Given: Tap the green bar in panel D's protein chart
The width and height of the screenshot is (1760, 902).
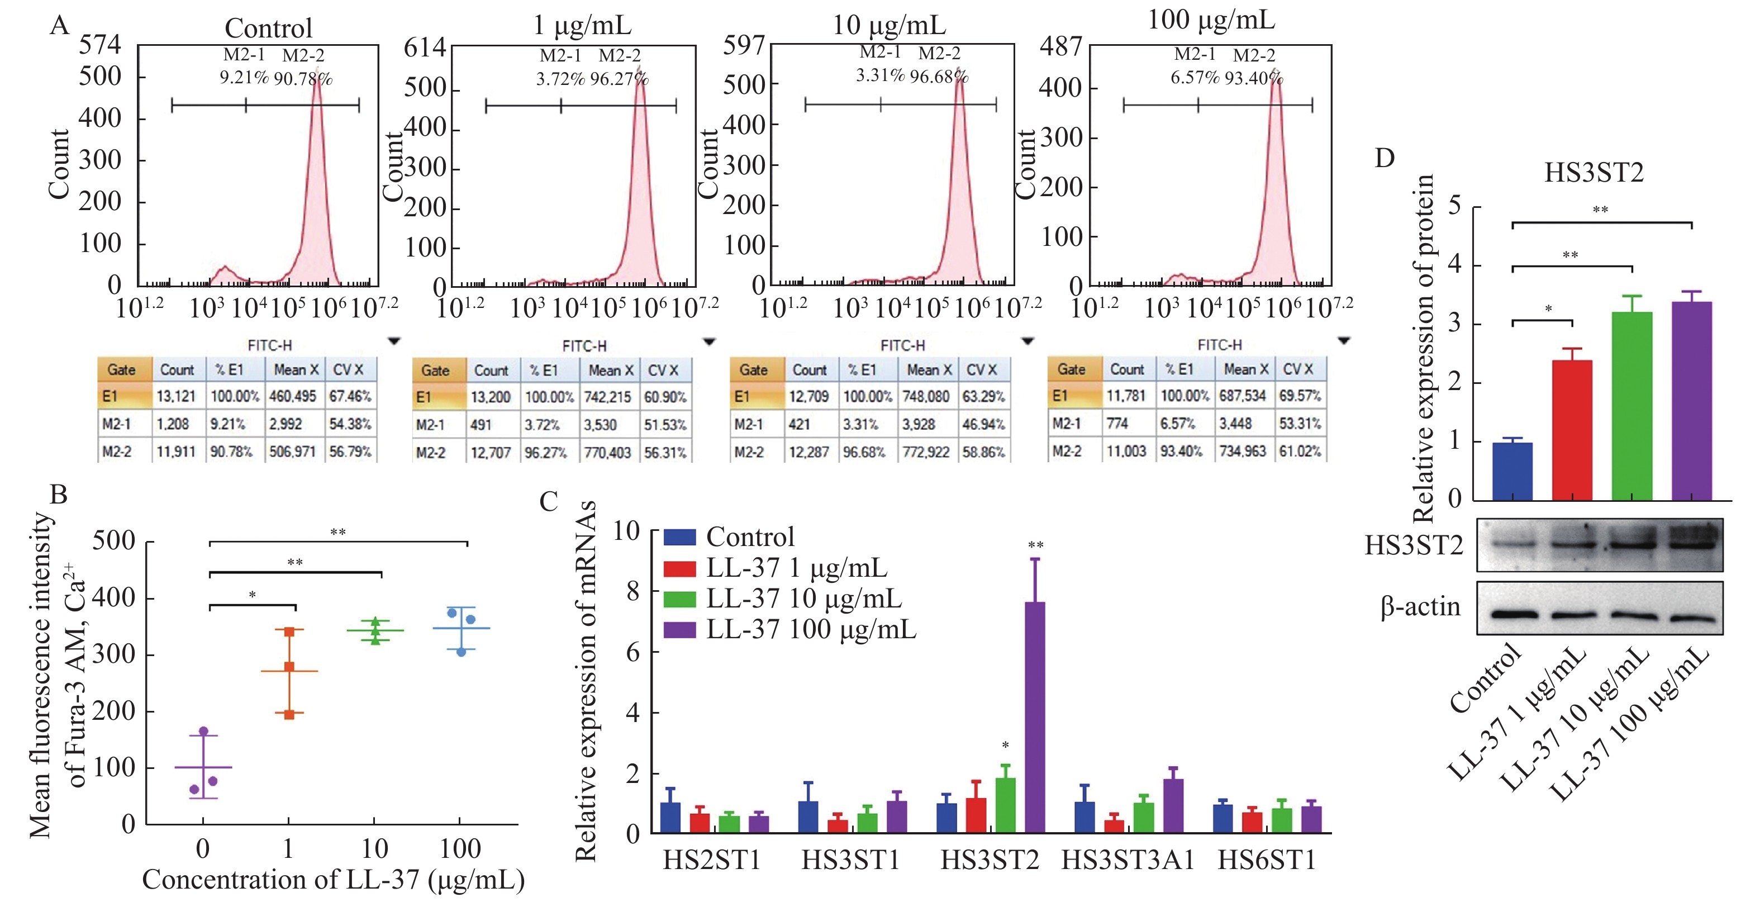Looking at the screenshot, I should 1631,407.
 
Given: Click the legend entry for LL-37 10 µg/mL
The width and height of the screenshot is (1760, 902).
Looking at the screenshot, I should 803,599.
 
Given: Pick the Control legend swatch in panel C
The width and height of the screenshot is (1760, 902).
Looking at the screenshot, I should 680,537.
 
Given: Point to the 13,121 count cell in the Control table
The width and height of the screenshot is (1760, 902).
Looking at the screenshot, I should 176,396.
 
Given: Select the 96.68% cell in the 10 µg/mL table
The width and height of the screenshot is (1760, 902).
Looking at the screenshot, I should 864,452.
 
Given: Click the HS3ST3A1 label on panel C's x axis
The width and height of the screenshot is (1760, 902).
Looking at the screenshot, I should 1128,860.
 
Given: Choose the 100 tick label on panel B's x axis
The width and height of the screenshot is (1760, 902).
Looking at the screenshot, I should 460,849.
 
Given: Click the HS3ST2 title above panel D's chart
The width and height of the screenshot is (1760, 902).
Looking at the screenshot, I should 1594,172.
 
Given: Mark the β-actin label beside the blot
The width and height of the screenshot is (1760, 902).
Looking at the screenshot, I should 1420,607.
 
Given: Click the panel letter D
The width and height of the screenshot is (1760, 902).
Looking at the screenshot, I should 1384,159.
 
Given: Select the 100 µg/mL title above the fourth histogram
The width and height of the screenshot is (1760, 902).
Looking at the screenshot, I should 1211,21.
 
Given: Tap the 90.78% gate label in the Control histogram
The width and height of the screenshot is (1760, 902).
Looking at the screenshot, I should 303,79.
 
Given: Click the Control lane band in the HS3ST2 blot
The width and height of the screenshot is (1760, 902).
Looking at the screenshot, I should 1512,545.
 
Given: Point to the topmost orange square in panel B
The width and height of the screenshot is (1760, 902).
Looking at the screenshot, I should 289,632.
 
